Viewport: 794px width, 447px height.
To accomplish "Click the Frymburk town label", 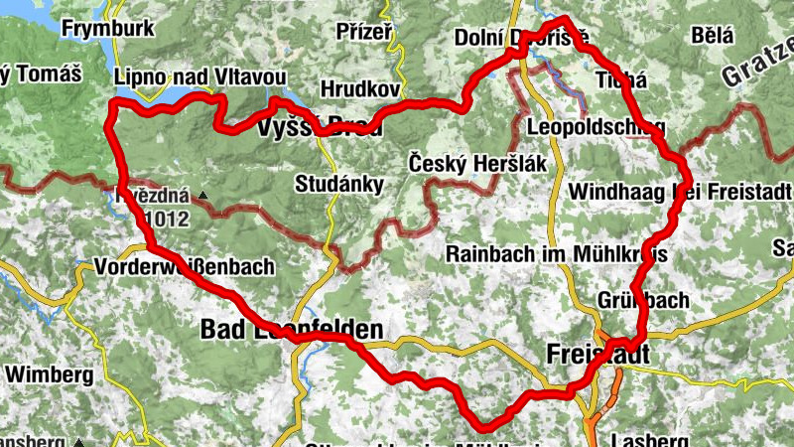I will pyautogui.click(x=107, y=28).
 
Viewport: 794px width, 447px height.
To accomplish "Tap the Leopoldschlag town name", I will pyautogui.click(x=596, y=127).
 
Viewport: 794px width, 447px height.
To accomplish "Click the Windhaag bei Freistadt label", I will pyautogui.click(x=681, y=190).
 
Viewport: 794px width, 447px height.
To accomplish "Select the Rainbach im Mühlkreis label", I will pyautogui.click(x=556, y=254).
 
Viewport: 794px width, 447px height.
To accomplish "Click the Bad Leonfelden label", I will pyautogui.click(x=292, y=328).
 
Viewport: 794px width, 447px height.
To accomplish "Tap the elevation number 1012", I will pyautogui.click(x=165, y=218).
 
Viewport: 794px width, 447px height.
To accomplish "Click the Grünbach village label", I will pyautogui.click(x=643, y=299).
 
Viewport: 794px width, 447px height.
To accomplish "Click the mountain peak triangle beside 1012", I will pyautogui.click(x=202, y=196).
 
